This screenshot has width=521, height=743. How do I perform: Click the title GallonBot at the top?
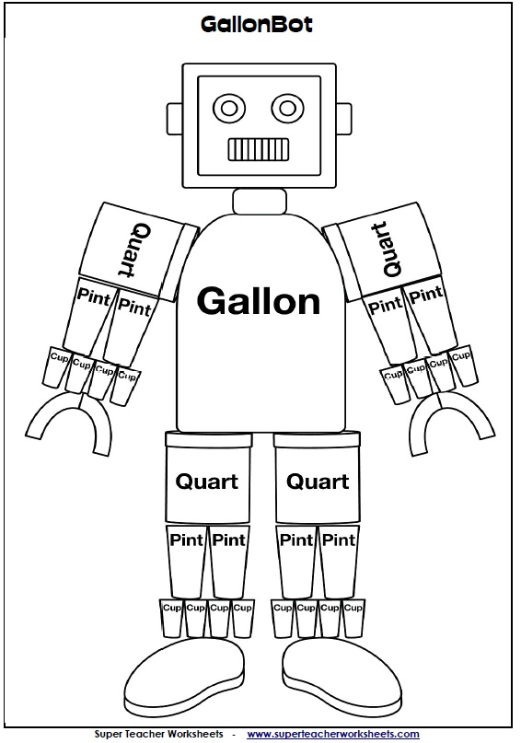pos(257,26)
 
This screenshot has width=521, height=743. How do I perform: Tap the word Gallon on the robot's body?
pos(260,301)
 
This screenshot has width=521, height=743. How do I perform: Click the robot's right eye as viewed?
pos(286,108)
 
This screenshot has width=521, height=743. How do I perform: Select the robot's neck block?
pos(257,201)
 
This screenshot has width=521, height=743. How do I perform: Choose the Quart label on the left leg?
pos(207,481)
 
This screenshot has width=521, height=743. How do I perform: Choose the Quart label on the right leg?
pos(318,481)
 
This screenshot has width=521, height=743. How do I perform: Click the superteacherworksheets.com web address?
pos(332,734)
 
